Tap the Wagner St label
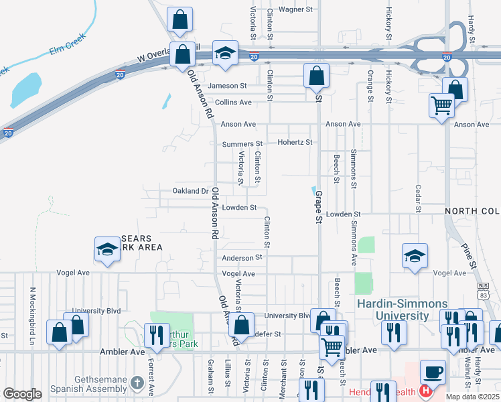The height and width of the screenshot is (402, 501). click(296, 9)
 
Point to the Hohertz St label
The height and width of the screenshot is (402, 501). click(295, 142)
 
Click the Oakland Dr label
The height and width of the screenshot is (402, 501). click(191, 191)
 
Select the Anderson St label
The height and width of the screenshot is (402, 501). click(242, 257)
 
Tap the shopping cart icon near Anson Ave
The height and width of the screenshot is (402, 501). click(441, 105)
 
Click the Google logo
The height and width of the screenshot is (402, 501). click(22, 394)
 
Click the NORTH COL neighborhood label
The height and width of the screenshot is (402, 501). click(472, 211)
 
